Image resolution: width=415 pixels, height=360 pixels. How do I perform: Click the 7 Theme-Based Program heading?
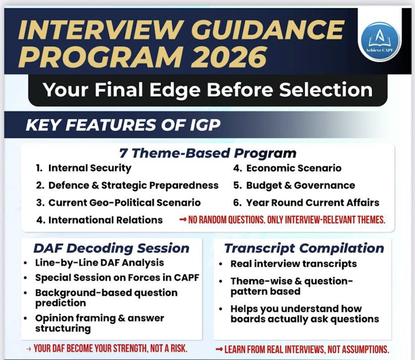(x=207, y=153)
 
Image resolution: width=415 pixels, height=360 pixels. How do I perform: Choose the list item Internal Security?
(x=90, y=168)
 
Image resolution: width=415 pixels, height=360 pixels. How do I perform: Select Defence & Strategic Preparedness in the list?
(x=133, y=185)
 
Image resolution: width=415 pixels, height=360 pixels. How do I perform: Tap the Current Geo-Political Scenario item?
(x=124, y=202)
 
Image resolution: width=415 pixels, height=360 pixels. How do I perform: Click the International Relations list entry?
(x=105, y=220)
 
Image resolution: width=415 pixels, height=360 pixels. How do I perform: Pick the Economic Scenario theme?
(x=293, y=168)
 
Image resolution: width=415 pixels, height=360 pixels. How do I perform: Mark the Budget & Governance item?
(x=300, y=185)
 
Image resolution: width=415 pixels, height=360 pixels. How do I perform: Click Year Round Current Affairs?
(x=312, y=202)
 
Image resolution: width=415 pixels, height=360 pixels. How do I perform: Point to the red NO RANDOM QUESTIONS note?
(x=282, y=220)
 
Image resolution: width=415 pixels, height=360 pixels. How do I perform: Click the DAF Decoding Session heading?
(x=111, y=248)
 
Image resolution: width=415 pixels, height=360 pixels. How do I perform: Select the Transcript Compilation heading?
(x=304, y=248)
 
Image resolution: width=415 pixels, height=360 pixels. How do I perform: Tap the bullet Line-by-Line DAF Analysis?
(x=99, y=263)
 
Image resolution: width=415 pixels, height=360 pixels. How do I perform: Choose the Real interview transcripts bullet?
(x=293, y=264)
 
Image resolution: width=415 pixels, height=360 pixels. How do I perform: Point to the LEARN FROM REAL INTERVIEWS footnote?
(x=302, y=349)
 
